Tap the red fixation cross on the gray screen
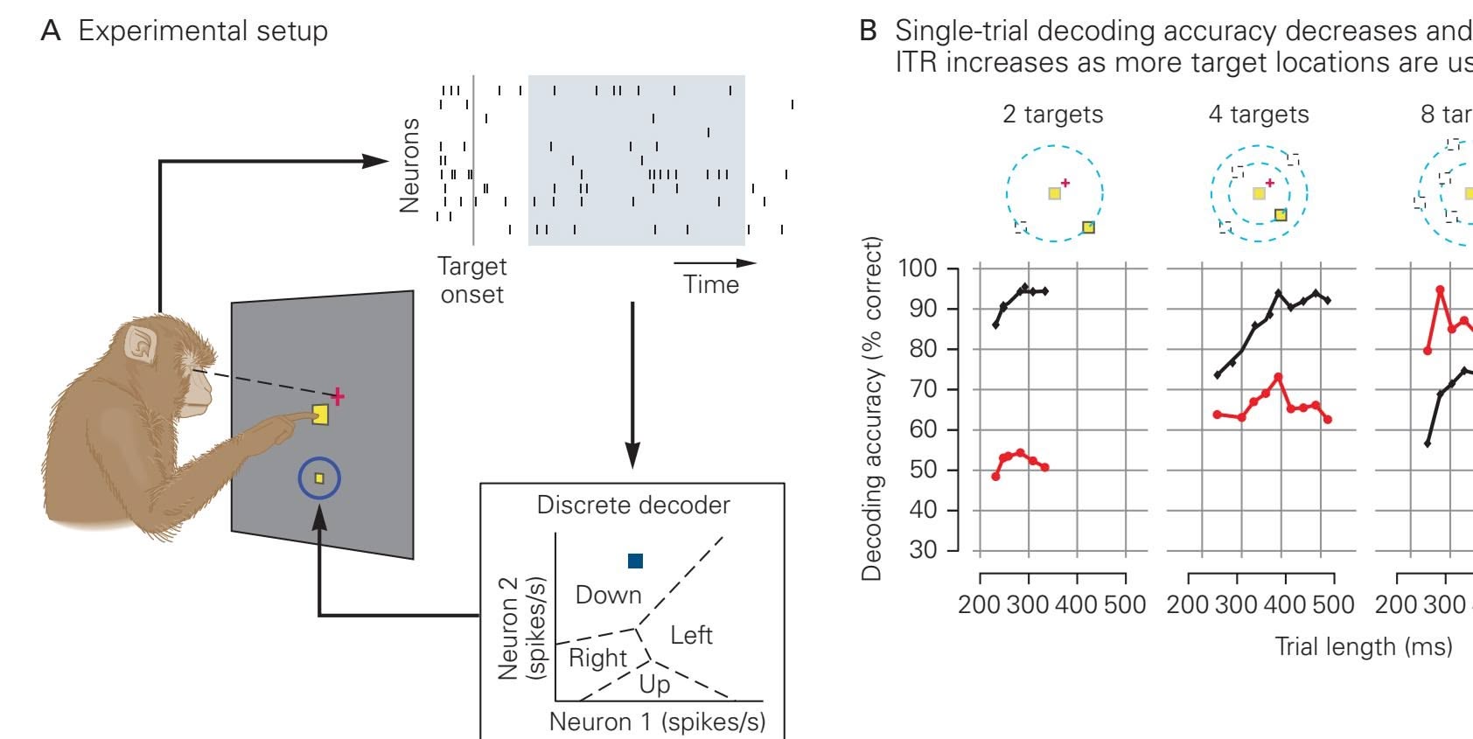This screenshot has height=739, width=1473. point(338,397)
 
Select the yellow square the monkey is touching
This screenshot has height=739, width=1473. point(320,415)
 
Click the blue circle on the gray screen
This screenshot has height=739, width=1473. point(318,478)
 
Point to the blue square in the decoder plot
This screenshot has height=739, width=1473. point(635,561)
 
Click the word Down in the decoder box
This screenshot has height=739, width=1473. point(608,595)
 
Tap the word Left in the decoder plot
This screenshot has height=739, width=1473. point(691,635)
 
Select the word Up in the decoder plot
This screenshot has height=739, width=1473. point(654,684)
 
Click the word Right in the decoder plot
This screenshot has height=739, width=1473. point(597,658)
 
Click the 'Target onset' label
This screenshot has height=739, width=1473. point(471,280)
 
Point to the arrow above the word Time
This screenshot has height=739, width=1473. point(714,262)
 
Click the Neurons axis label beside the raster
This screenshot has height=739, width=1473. point(409,165)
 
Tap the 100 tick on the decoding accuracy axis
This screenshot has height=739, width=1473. point(918,268)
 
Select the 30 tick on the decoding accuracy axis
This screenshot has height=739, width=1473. point(923,550)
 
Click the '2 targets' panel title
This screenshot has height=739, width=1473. point(1052,114)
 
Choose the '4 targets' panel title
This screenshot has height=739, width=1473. point(1259,114)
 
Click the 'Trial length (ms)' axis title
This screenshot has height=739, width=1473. point(1363,646)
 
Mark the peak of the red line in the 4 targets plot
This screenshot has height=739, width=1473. point(1278,377)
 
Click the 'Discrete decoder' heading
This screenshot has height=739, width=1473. point(633,505)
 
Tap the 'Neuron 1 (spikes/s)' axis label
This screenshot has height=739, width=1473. point(657,722)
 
